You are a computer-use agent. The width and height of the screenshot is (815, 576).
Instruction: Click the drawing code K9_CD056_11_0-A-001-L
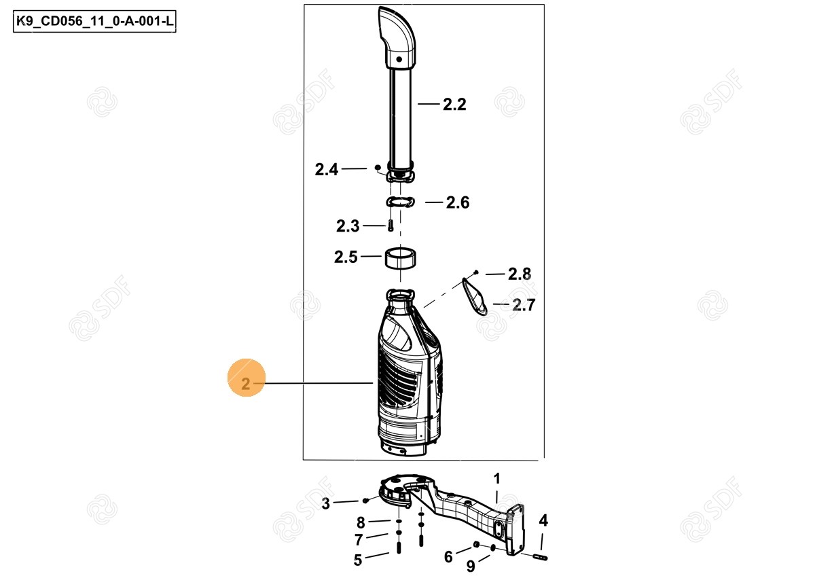(94, 21)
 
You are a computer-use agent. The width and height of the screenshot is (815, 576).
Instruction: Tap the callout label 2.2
(454, 105)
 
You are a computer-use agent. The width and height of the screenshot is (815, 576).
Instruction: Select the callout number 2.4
(327, 170)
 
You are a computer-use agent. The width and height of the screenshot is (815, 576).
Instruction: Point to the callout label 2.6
(458, 202)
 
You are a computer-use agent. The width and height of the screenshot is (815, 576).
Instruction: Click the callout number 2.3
(348, 226)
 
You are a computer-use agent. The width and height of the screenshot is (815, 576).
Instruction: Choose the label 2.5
(346, 257)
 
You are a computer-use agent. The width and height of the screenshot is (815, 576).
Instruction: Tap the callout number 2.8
(520, 274)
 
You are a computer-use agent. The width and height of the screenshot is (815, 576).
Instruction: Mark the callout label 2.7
(524, 305)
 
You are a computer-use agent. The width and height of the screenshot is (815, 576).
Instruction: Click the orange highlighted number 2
(246, 384)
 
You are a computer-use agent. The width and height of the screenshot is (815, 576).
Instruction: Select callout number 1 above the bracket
(497, 478)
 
